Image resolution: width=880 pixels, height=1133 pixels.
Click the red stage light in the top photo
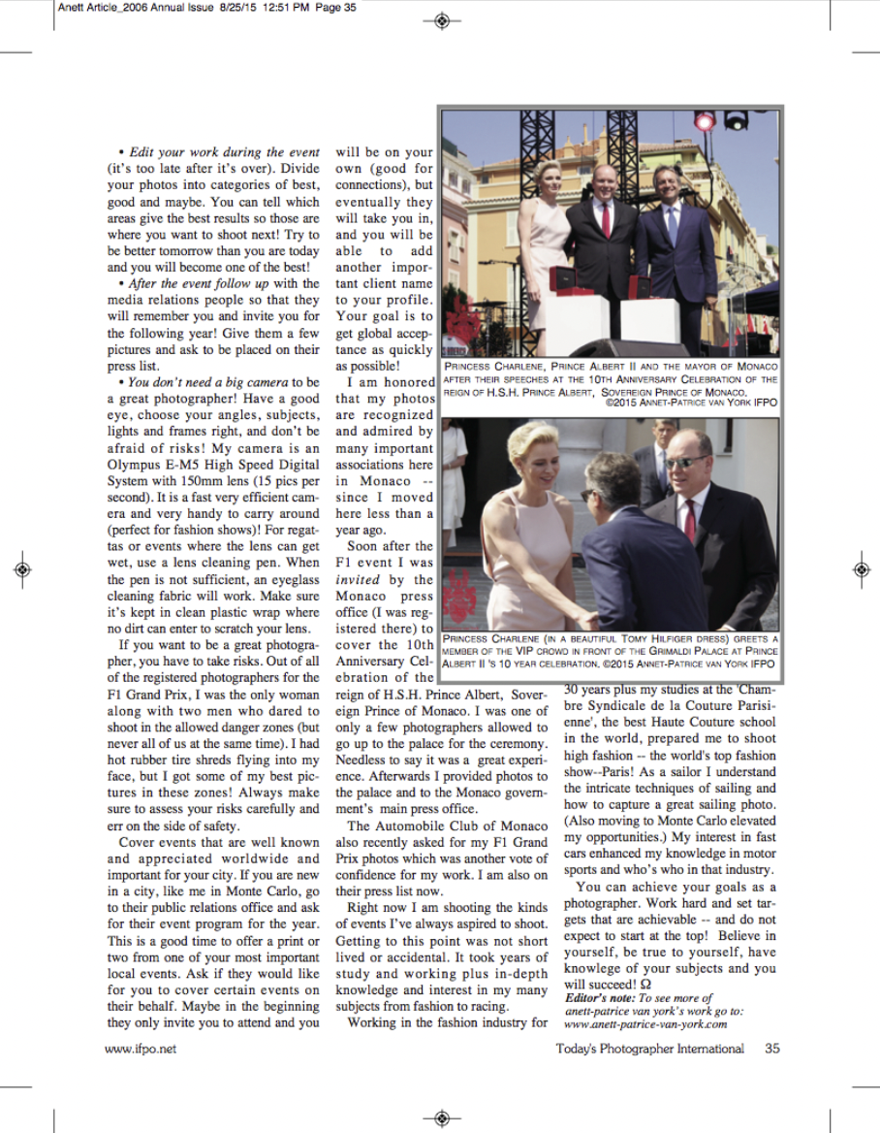(x=705, y=121)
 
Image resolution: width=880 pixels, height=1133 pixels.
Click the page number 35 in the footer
(x=772, y=1049)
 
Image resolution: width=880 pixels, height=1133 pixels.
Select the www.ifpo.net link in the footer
(x=141, y=1049)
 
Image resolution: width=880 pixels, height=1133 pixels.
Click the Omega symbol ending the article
(x=632, y=984)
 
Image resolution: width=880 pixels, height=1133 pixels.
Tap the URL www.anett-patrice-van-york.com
(x=645, y=1023)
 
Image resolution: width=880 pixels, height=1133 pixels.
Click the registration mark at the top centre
(x=441, y=19)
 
